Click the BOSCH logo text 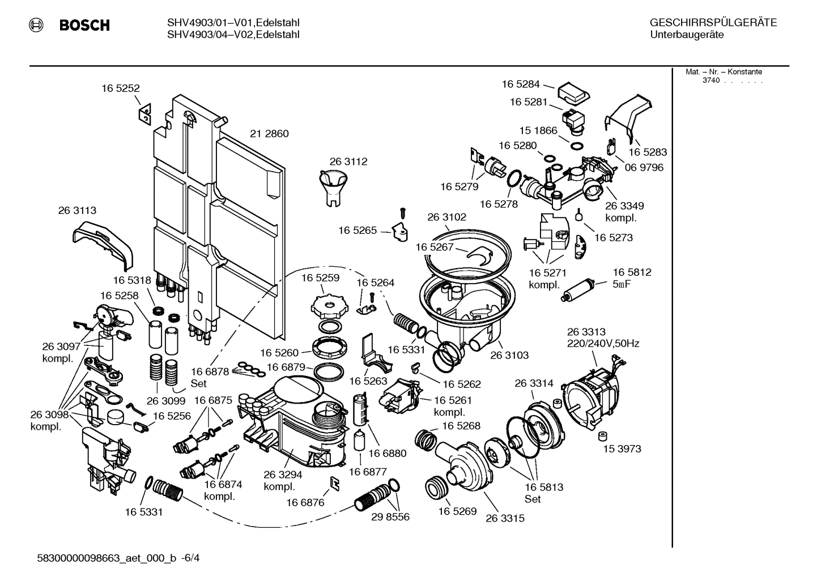coord(84,25)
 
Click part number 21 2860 coord(269,134)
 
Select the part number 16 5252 coord(121,88)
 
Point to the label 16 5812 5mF coord(632,278)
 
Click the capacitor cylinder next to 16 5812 coord(579,290)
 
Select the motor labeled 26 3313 coord(589,391)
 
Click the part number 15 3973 coord(622,448)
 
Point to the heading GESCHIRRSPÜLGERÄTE coord(713,23)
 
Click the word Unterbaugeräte coord(686,35)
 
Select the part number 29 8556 coord(390,517)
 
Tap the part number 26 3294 coord(283,475)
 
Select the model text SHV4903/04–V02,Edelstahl coord(233,35)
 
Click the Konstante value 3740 coord(710,80)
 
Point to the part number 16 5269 coord(457,511)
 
